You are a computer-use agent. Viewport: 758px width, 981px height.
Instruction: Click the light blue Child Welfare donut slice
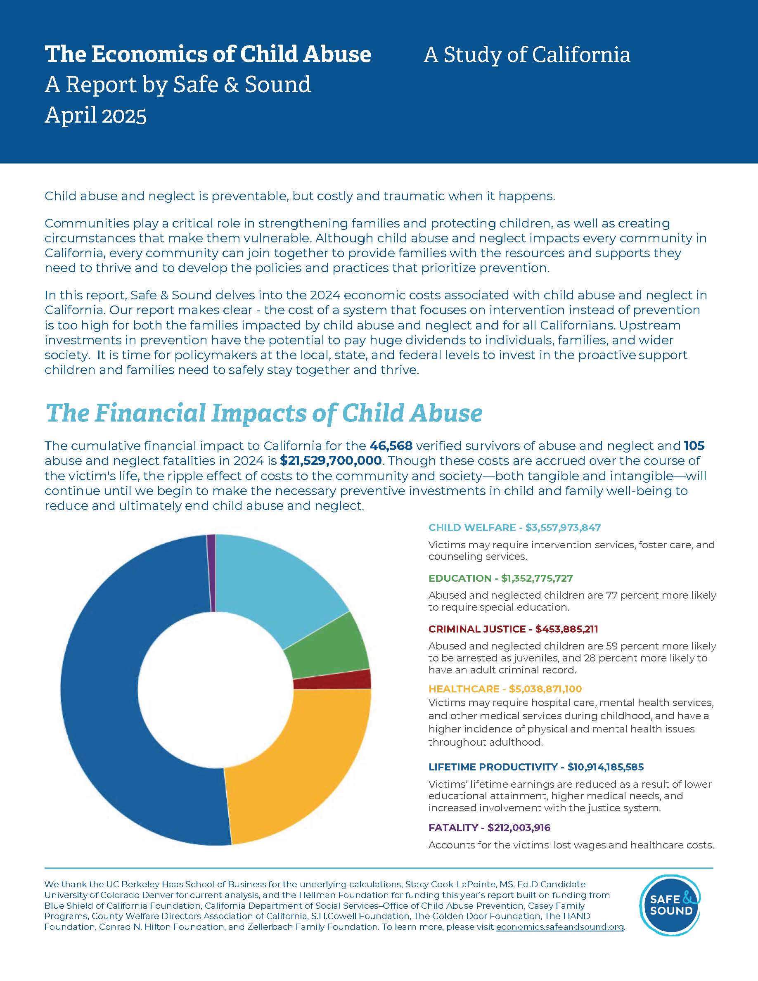tap(278, 584)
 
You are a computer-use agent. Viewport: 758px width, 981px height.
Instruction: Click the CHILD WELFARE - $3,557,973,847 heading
tap(514, 527)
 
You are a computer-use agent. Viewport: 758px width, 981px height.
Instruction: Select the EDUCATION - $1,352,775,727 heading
tap(500, 578)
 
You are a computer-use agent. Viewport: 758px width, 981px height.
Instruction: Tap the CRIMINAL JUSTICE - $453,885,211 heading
tap(513, 629)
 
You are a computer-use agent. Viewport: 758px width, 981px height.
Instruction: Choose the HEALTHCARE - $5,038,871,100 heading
tap(505, 689)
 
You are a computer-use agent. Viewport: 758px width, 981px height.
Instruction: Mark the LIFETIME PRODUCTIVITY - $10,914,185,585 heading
tap(536, 767)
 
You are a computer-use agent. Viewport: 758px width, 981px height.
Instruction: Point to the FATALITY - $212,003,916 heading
tap(489, 827)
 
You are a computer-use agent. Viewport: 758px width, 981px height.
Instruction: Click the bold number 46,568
tap(391, 445)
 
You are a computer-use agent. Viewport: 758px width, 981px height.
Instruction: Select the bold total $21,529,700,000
tap(331, 460)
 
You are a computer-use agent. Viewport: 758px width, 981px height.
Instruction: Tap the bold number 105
tap(694, 445)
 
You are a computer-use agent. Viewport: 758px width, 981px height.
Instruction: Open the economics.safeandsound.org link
tap(559, 926)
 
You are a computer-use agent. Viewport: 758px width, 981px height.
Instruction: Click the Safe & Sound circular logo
tap(670, 905)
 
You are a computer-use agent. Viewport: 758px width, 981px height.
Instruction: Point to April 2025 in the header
tap(96, 115)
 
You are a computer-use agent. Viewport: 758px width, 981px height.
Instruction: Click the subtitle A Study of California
tap(527, 55)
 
